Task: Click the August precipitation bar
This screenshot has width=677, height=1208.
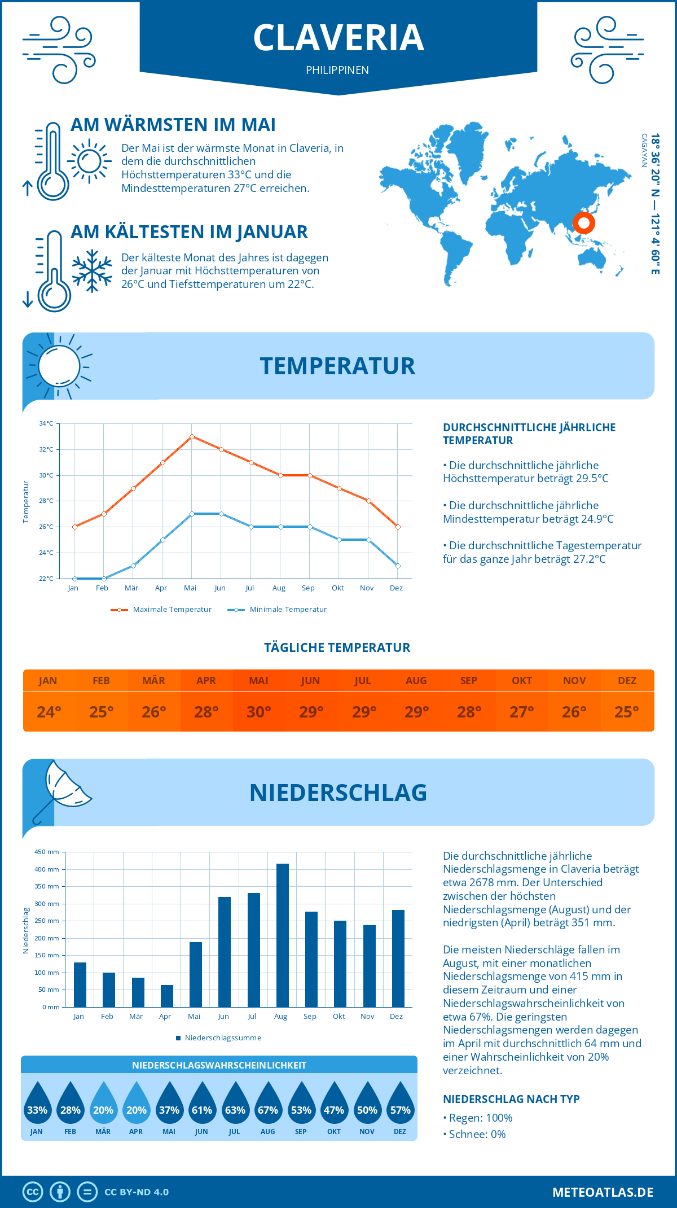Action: [282, 935]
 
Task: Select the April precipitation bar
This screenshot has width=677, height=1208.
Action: [167, 996]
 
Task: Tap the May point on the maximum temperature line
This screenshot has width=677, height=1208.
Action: [192, 436]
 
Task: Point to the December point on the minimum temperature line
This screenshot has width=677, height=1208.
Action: [398, 566]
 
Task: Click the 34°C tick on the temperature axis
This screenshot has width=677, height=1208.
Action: [46, 423]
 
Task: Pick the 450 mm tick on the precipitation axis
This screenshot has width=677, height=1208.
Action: [47, 852]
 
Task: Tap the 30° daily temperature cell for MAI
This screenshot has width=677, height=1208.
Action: [259, 712]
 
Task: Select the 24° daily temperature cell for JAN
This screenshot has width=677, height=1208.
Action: [49, 712]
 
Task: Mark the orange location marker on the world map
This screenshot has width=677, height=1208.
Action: [584, 223]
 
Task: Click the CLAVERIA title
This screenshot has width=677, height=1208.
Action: [338, 38]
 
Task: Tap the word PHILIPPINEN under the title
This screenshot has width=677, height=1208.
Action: [337, 70]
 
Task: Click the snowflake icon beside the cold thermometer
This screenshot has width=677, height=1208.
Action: [92, 271]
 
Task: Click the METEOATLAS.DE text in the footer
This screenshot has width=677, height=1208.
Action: [603, 1192]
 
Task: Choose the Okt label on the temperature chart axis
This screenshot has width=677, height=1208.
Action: [337, 588]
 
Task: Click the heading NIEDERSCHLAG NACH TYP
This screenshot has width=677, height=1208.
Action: [511, 1099]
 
